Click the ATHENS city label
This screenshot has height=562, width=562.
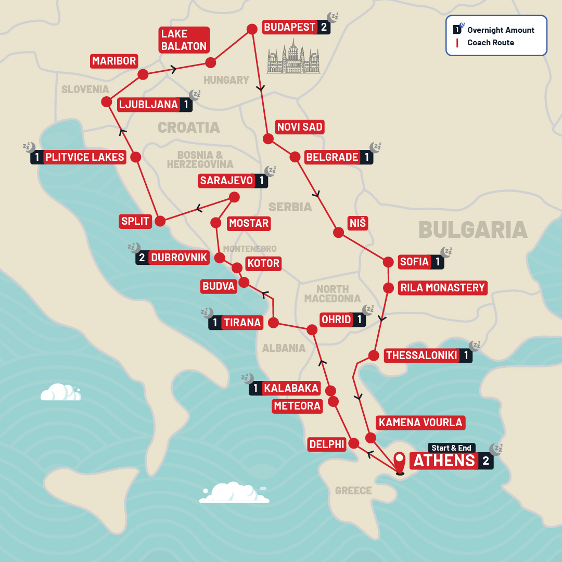coord(444,461)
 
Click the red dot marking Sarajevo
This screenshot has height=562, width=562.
coord(234,197)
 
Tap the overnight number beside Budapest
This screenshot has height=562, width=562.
coord(324,27)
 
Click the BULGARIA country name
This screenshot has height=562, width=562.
coord(472,229)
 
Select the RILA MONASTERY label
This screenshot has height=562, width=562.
coord(442,288)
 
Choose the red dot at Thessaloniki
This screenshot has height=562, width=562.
coord(373,356)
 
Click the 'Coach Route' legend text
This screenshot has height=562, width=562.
coord(490,43)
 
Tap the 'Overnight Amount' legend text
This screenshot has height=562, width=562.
coord(501,30)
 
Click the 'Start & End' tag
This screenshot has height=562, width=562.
coord(451,448)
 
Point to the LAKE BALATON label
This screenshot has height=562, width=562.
coord(184,40)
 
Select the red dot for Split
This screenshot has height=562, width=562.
coord(160,221)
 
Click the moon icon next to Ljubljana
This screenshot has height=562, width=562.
coord(195,95)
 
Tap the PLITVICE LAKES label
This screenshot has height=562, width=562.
coord(85,157)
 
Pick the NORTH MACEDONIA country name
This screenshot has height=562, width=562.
coord(333,293)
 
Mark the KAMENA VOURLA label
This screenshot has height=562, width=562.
coord(420,422)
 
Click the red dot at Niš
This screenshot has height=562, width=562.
coord(338,233)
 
